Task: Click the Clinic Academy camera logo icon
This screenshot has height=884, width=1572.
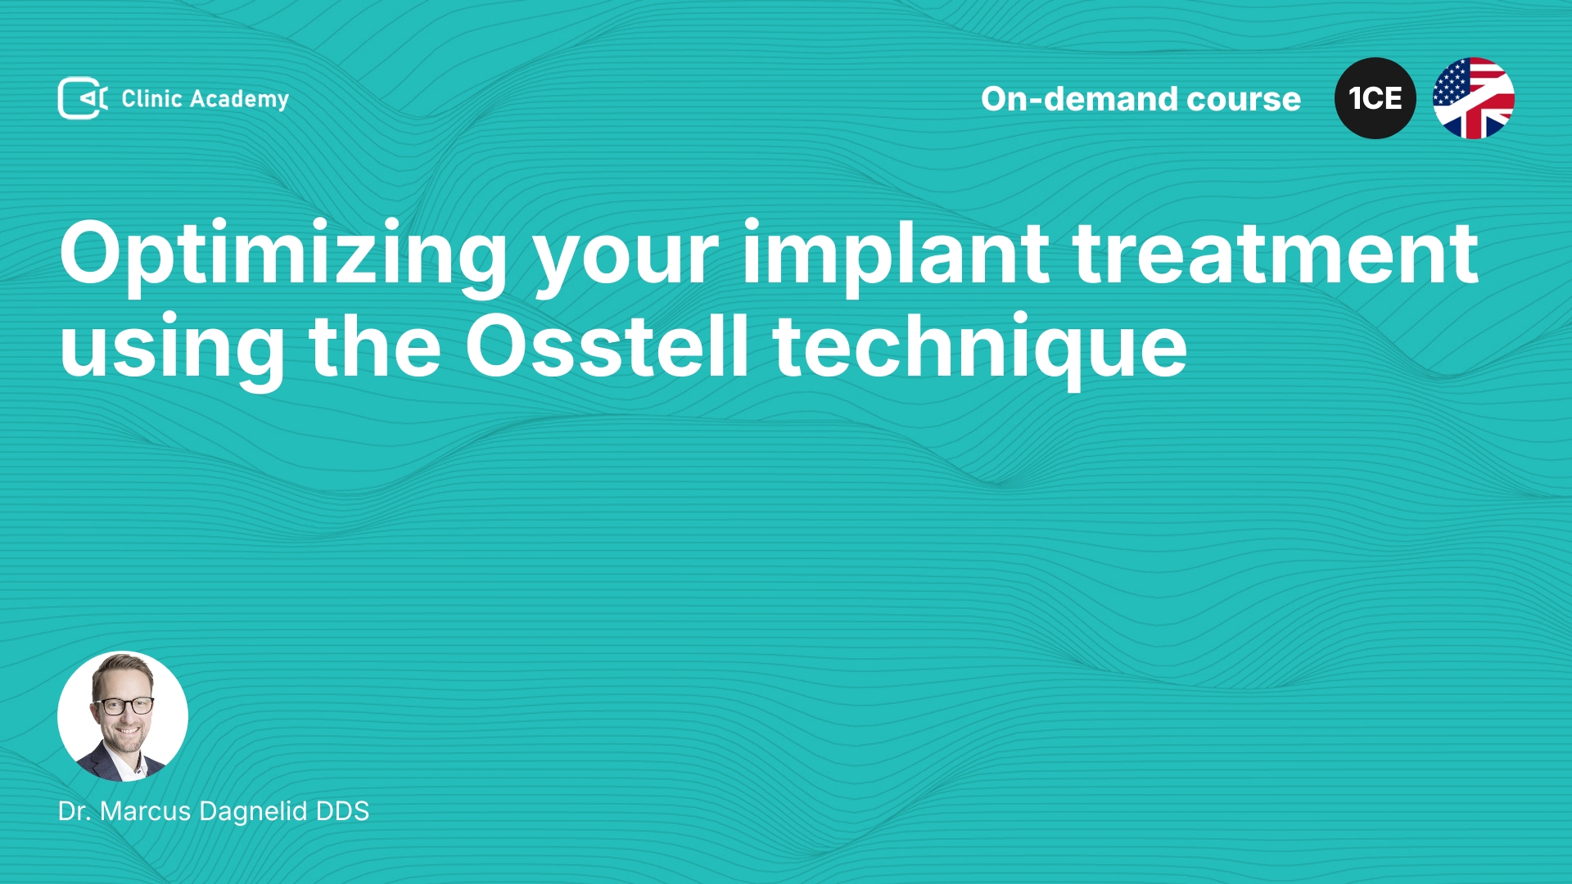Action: [x=83, y=98]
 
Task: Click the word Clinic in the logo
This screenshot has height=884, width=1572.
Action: [x=151, y=98]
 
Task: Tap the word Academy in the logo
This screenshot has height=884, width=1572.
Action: [x=239, y=100]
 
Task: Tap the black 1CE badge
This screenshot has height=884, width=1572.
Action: [x=1375, y=98]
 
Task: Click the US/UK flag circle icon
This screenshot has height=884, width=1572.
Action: [x=1474, y=98]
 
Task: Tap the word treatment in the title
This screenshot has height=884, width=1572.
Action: [x=1276, y=255]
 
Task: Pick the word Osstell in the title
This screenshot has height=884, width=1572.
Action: [x=607, y=345]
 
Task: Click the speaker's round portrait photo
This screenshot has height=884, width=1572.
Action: [x=123, y=716]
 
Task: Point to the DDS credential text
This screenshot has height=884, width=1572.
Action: [x=342, y=811]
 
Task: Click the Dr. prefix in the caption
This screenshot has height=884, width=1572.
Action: [x=75, y=811]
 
